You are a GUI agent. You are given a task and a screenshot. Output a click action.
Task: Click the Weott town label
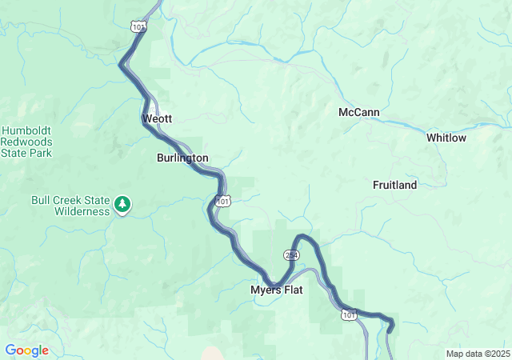[x=157, y=118]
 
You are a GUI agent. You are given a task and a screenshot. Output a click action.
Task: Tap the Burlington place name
[x=182, y=158]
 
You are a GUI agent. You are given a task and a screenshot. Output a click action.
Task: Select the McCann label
[x=358, y=113]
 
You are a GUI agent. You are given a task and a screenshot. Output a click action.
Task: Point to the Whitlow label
[x=446, y=138]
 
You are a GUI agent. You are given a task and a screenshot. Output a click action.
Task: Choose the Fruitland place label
[x=395, y=185]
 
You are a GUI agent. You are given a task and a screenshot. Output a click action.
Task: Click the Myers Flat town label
[x=276, y=290]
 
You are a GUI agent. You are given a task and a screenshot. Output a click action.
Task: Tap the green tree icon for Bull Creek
[x=122, y=205]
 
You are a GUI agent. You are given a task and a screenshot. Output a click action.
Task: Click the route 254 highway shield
[x=291, y=254]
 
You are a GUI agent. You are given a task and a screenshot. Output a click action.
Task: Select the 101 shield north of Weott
[x=139, y=26]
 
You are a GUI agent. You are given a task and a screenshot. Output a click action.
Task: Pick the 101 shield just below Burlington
[x=223, y=201]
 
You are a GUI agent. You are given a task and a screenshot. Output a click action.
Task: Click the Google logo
[x=26, y=350]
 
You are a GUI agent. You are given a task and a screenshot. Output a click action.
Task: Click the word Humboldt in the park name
[x=26, y=130]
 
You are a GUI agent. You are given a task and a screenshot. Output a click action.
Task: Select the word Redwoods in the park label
[x=26, y=141]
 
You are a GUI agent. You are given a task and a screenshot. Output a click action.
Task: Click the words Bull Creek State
[x=70, y=201]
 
